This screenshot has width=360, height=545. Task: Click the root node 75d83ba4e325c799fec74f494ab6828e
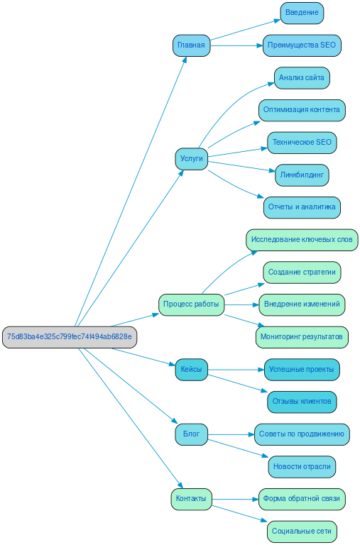point(70,337)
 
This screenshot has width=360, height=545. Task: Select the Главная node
point(191,45)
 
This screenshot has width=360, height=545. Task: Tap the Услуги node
point(191,158)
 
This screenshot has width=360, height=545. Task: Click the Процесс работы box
point(191,304)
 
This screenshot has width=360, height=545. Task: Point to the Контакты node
point(191,499)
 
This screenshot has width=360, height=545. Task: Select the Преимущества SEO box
point(302,45)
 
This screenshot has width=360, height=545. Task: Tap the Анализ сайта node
point(302,77)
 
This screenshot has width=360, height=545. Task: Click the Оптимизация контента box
point(302,110)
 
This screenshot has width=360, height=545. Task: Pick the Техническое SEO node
point(302,143)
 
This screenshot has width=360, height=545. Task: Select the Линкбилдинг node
point(302,175)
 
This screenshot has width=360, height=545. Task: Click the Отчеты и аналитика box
point(302,207)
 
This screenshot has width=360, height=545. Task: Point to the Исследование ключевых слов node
point(302,240)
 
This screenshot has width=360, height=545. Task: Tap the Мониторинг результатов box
point(302,337)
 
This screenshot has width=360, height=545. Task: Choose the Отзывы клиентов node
point(302,402)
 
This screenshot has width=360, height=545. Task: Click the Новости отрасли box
point(302,467)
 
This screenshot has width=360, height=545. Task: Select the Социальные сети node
point(302,532)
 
